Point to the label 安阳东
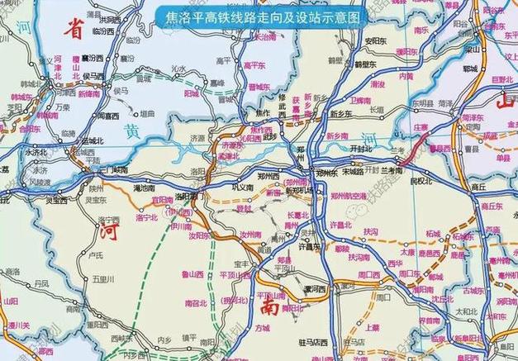[376, 40]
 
